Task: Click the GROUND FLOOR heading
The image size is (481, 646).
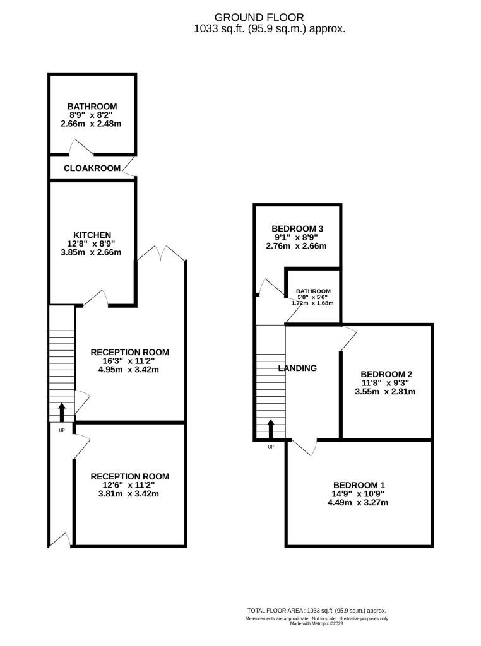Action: [x=259, y=17]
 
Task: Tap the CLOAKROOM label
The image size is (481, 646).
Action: [x=92, y=168]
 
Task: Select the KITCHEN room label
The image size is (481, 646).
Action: [x=92, y=235]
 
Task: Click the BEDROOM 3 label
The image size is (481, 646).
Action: [x=297, y=228]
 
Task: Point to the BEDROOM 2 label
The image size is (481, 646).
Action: [x=386, y=374]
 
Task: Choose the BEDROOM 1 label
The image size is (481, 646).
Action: [x=359, y=485]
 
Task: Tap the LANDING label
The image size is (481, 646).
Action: [x=297, y=368]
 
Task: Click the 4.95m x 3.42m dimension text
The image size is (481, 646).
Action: [x=129, y=370]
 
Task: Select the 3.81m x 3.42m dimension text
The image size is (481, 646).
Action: [x=129, y=493]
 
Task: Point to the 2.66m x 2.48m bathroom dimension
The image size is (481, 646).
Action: [x=91, y=124]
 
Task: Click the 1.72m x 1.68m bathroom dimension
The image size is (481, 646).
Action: [x=312, y=303]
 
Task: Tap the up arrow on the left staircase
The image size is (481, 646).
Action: [x=62, y=412]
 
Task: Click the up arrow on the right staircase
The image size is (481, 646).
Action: [x=271, y=429]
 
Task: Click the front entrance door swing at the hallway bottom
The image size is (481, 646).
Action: [x=60, y=541]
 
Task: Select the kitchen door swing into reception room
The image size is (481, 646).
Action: [x=96, y=298]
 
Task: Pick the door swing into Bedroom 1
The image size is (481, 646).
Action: [x=304, y=447]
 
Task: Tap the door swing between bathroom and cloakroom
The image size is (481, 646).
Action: [x=81, y=147]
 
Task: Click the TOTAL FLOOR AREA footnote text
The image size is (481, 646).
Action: [x=316, y=611]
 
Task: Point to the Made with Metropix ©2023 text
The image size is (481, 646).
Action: [x=316, y=623]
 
